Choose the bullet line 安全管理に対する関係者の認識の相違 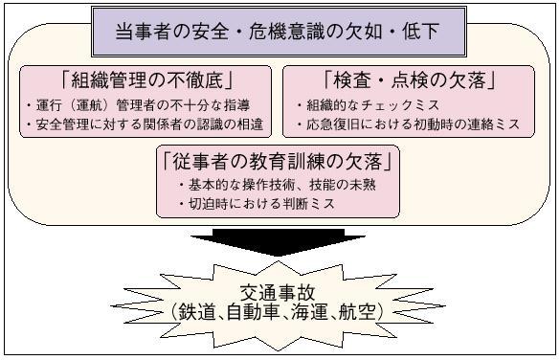(x=146, y=124)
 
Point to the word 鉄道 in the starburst (x=198, y=313)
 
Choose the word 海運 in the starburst (x=308, y=313)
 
